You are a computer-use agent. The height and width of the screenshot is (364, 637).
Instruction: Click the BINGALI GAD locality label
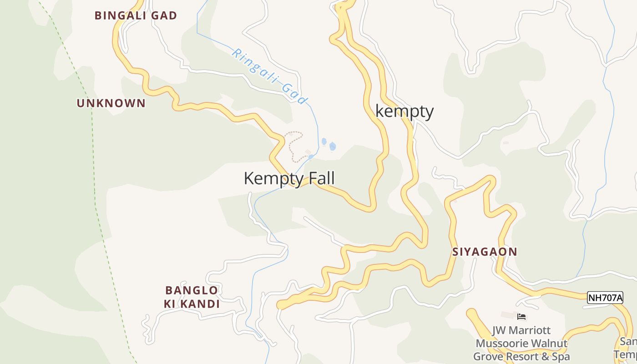pyautogui.click(x=136, y=15)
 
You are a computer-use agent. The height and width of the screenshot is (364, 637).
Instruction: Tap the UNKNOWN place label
pyautogui.click(x=111, y=103)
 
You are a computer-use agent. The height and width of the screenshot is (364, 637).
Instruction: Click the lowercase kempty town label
pyautogui.click(x=404, y=111)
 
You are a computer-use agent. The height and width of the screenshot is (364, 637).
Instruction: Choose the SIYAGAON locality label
pyautogui.click(x=485, y=252)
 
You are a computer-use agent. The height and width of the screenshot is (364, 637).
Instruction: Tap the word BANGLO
pyautogui.click(x=192, y=290)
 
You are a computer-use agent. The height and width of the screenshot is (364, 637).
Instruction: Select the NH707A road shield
pyautogui.click(x=605, y=298)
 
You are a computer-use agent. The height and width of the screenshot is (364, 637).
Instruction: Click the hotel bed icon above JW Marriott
pyautogui.click(x=521, y=317)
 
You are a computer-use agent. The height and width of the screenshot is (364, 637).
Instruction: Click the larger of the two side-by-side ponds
pyautogui.click(x=333, y=147)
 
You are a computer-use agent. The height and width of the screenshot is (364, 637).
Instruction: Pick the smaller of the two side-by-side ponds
pyautogui.click(x=324, y=142)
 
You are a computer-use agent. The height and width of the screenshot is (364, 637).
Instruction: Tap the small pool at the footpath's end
pyautogui.click(x=311, y=157)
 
